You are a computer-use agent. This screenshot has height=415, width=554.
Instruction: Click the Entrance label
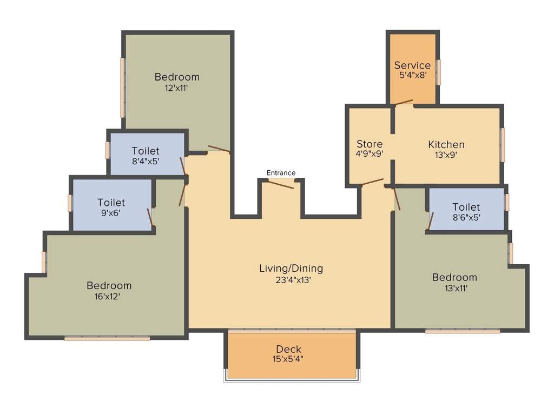pyautogui.click(x=281, y=173)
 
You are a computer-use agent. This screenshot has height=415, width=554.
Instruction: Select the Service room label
pyautogui.click(x=412, y=65)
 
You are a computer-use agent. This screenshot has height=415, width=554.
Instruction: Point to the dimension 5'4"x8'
pyautogui.click(x=413, y=76)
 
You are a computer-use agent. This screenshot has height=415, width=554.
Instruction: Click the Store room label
pyautogui.click(x=370, y=144)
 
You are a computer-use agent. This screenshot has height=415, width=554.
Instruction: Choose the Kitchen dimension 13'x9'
pyautogui.click(x=446, y=155)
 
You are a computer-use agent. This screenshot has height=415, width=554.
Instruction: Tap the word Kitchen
pyautogui.click(x=446, y=144)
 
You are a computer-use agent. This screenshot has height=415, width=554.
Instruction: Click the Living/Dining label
pyautogui.click(x=291, y=268)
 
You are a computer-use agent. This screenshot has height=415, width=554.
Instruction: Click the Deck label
pyautogui.click(x=288, y=349)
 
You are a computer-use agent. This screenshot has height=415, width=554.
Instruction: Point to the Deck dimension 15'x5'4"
pyautogui.click(x=289, y=359)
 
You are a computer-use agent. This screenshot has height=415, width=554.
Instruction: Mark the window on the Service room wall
pyautogui.click(x=439, y=72)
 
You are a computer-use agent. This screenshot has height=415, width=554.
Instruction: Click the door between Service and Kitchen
pyautogui.click(x=403, y=102)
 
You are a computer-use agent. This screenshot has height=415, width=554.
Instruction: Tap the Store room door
pyautogui.click(x=372, y=182)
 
